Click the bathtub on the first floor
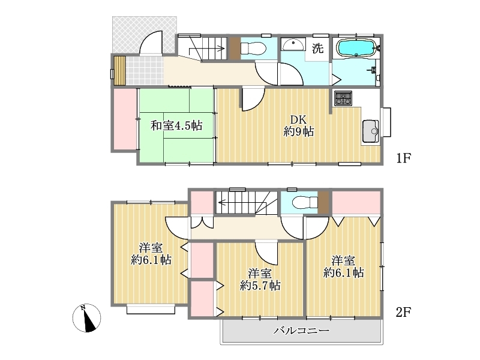coord(356,48)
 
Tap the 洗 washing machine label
coord(317,48)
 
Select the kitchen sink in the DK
coord(371,131)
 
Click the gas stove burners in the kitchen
coord(343,98)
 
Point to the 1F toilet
coord(253,49)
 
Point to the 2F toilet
coord(305,202)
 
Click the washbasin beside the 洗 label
coord(293,44)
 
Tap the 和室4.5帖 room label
coord(176,125)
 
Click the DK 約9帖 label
coord(298,125)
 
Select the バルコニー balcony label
coord(302,331)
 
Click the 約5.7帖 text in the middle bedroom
coord(260,286)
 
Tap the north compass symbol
coord(86,318)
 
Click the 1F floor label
coord(403,158)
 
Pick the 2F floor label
coord(403,312)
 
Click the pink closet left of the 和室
coord(125,119)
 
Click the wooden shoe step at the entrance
coord(119,71)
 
